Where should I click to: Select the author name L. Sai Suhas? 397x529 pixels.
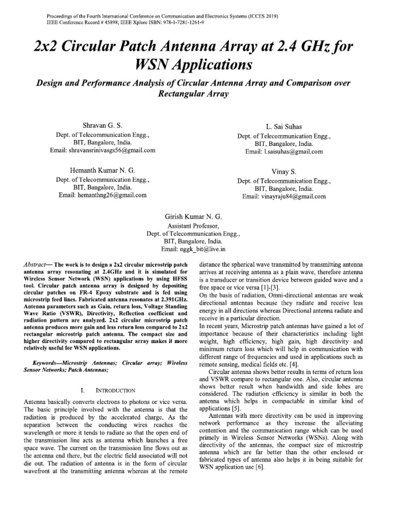coord(284,127)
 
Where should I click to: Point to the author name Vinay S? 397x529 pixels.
coord(284,172)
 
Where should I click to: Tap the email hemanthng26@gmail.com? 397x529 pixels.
coord(110,196)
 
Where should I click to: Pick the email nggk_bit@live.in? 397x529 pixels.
coord(201,250)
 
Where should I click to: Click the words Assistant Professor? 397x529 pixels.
coord(193,226)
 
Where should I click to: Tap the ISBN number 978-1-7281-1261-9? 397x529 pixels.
coord(197,23)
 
